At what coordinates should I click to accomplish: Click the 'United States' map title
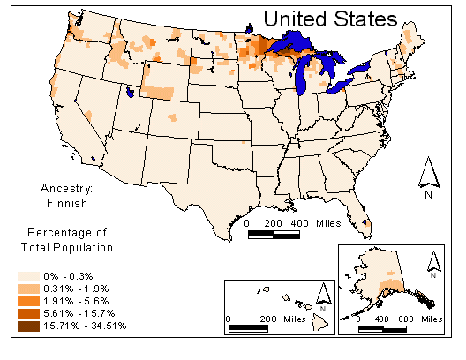330,18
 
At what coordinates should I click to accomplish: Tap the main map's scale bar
274,235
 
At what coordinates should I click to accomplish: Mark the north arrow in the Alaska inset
432,261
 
